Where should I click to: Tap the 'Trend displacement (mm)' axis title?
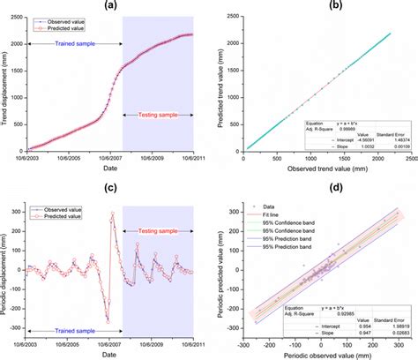(x=6, y=83)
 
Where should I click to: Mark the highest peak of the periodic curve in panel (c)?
(x=113, y=214)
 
